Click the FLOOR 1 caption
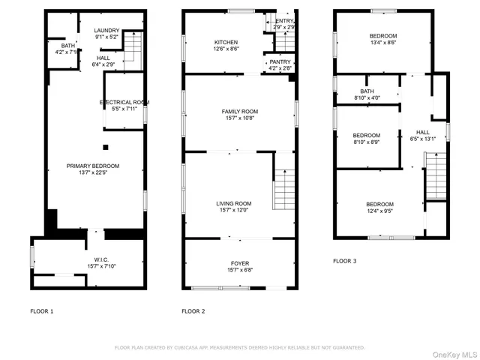tap(42, 311)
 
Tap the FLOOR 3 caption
tap(345, 261)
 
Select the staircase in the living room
tap(283, 189)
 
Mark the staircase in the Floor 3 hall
tap(436, 175)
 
